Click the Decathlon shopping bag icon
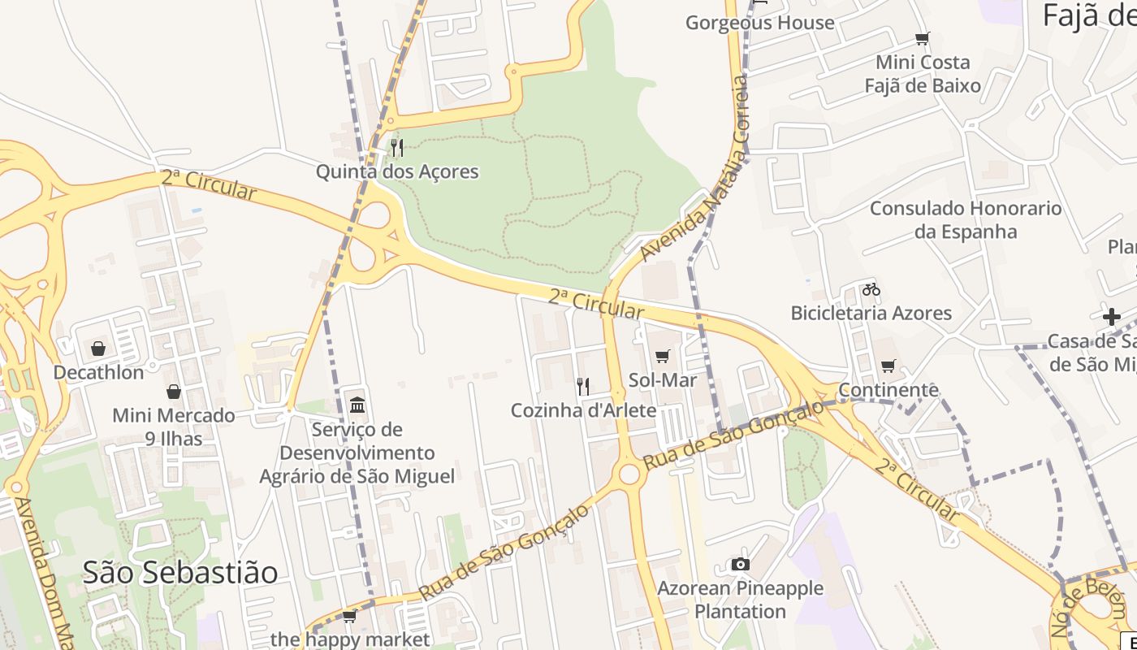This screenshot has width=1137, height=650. click(98, 349)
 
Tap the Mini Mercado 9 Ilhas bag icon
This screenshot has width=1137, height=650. click(174, 392)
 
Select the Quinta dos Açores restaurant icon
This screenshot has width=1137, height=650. click(397, 147)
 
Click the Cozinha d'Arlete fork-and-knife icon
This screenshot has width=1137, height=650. click(582, 386)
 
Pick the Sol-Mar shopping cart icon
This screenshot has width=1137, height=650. click(663, 356)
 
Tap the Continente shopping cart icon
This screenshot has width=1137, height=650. click(888, 366)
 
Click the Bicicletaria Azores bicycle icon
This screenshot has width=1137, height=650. click(871, 289)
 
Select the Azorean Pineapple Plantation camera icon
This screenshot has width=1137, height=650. click(740, 564)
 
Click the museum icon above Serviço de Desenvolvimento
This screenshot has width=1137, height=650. click(357, 405)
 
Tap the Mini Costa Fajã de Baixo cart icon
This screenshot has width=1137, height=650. click(923, 38)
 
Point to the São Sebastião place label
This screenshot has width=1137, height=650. click(180, 573)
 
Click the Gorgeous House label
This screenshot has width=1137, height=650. click(759, 22)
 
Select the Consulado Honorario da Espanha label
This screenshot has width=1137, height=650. click(966, 219)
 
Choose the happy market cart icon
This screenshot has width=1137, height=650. click(350, 616)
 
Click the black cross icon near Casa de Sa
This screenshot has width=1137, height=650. click(1112, 317)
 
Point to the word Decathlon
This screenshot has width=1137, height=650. click(98, 372)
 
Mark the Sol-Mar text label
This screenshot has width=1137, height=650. click(663, 379)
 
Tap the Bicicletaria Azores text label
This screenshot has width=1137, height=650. click(871, 313)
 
